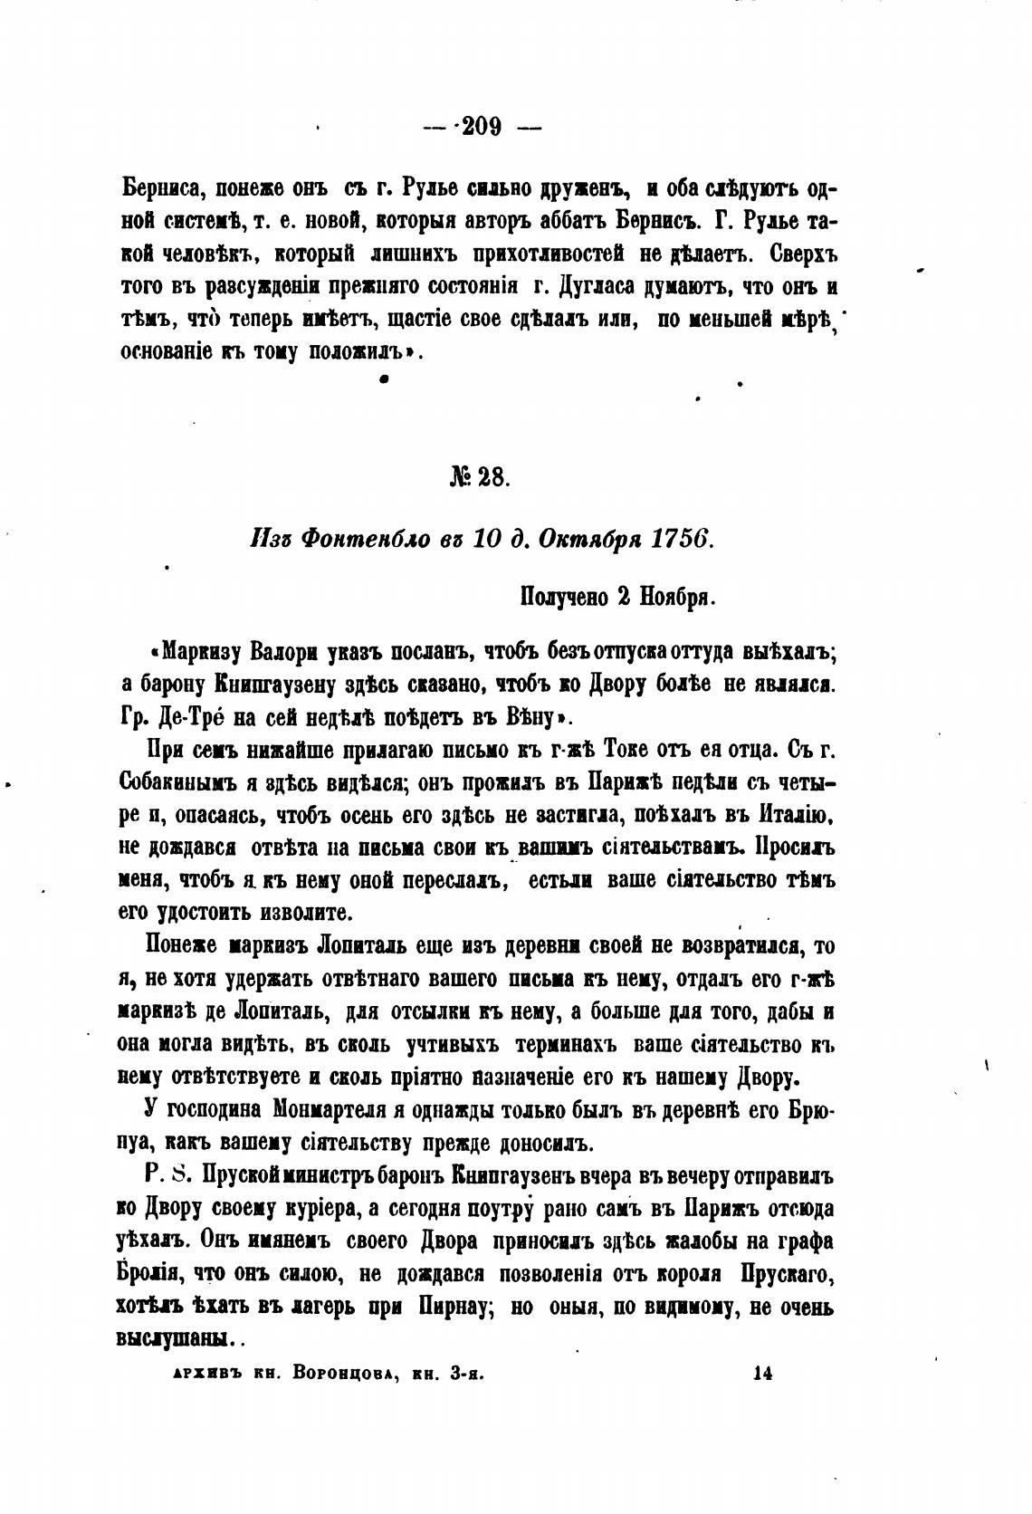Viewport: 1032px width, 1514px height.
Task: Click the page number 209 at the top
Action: point(482,128)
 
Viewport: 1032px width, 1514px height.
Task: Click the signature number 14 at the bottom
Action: point(760,1373)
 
